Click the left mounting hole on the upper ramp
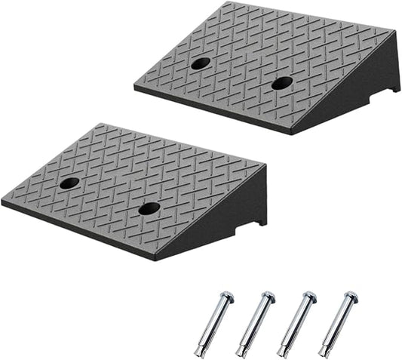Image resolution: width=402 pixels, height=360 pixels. point(200,63)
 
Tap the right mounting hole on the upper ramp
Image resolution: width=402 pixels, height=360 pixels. point(282,83)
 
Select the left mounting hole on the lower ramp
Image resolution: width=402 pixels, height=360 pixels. point(69,183)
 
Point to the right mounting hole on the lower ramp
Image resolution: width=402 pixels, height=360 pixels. point(149,208)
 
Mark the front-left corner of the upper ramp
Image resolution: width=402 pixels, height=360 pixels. point(136,86)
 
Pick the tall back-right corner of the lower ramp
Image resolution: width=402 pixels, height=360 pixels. point(265,168)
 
